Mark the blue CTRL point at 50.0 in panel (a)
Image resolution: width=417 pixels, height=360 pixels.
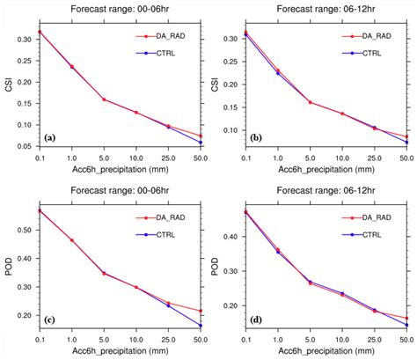[x=201, y=143]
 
